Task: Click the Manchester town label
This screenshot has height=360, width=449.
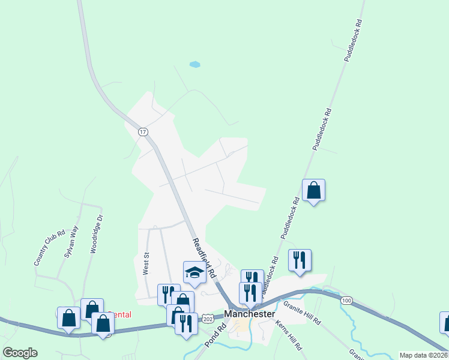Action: (250, 314)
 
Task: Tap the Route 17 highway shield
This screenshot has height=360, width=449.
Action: (143, 131)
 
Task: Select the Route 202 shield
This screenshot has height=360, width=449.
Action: (207, 316)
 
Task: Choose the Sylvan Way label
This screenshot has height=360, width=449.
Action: (71, 241)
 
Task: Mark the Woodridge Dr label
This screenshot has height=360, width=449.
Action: (97, 234)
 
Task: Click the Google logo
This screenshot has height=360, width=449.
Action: (20, 353)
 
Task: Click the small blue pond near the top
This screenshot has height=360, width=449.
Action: (194, 64)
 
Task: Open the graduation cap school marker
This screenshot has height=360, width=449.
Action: (194, 273)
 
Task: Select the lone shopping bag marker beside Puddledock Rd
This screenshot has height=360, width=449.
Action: (313, 191)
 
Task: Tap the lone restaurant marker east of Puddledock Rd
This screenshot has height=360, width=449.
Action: (300, 260)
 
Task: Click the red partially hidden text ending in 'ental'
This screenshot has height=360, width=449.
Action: (122, 314)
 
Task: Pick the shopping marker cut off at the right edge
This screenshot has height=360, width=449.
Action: (445, 322)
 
